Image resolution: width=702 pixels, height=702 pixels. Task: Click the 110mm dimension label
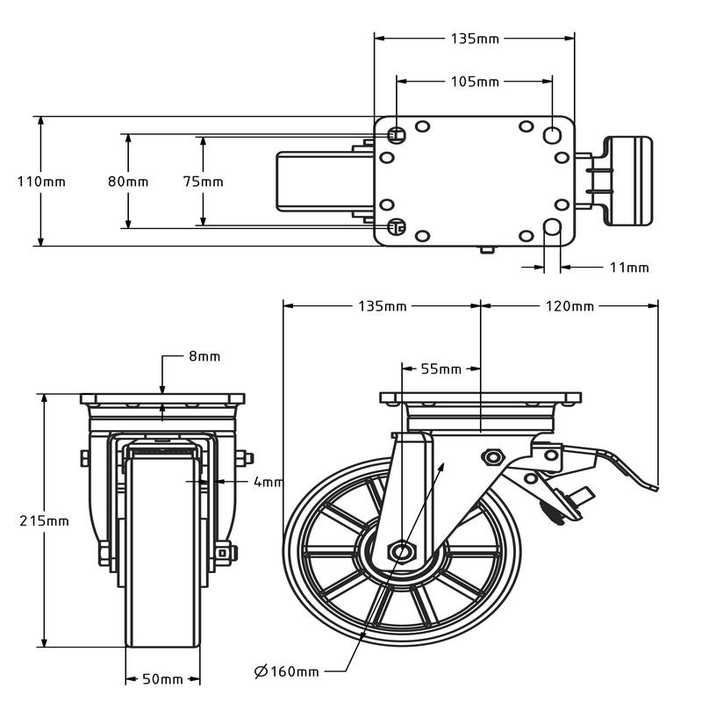click(x=41, y=182)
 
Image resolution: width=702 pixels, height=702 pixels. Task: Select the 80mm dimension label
click(x=128, y=182)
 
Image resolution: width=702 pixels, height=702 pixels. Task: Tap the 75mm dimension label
click(x=203, y=182)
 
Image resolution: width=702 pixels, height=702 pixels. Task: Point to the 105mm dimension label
click(x=475, y=82)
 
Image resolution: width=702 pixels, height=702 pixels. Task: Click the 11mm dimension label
click(x=629, y=267)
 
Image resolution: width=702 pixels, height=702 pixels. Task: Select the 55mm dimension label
click(x=441, y=369)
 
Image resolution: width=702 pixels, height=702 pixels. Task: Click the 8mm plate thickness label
click(x=204, y=356)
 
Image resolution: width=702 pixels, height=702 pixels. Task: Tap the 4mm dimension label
click(x=268, y=482)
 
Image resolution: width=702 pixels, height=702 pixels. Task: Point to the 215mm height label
click(x=44, y=520)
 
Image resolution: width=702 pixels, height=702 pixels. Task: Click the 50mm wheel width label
click(x=162, y=679)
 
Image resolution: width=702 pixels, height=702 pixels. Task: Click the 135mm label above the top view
click(x=475, y=39)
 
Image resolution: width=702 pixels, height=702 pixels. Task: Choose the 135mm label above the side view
click(x=383, y=306)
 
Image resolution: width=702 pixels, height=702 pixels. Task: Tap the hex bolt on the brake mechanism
click(x=491, y=456)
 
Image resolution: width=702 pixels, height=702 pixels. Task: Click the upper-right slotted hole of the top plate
click(x=553, y=134)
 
